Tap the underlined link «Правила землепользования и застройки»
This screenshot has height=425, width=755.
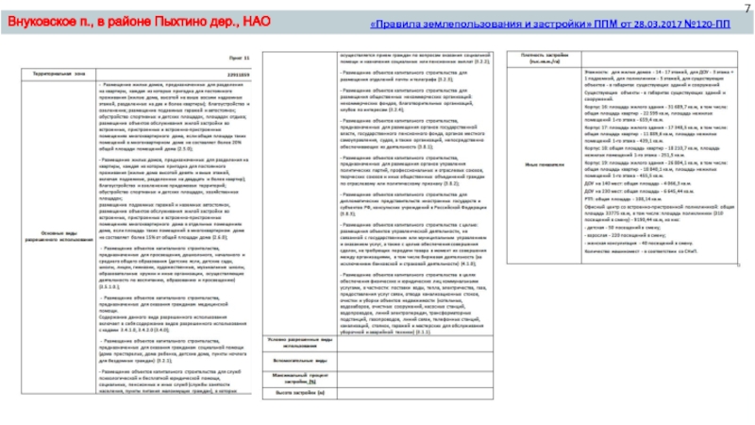pyautogui.click(x=482, y=21)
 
